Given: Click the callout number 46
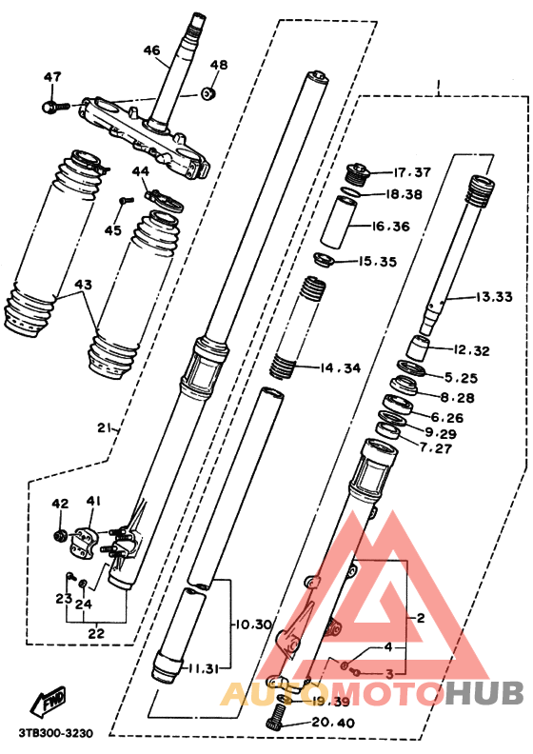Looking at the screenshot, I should (x=152, y=50).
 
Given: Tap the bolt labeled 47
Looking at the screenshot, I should (x=52, y=107).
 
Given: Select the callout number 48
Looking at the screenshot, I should (x=219, y=66).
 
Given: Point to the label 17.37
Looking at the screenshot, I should (x=413, y=172).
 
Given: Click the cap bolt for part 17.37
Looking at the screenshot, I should (x=360, y=172).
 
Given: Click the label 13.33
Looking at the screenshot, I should (x=494, y=297).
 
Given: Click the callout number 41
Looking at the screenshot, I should (x=92, y=502).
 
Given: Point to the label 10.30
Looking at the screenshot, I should (x=252, y=625).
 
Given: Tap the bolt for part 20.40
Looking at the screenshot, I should (x=279, y=713).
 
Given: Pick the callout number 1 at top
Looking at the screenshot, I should (x=437, y=89).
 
